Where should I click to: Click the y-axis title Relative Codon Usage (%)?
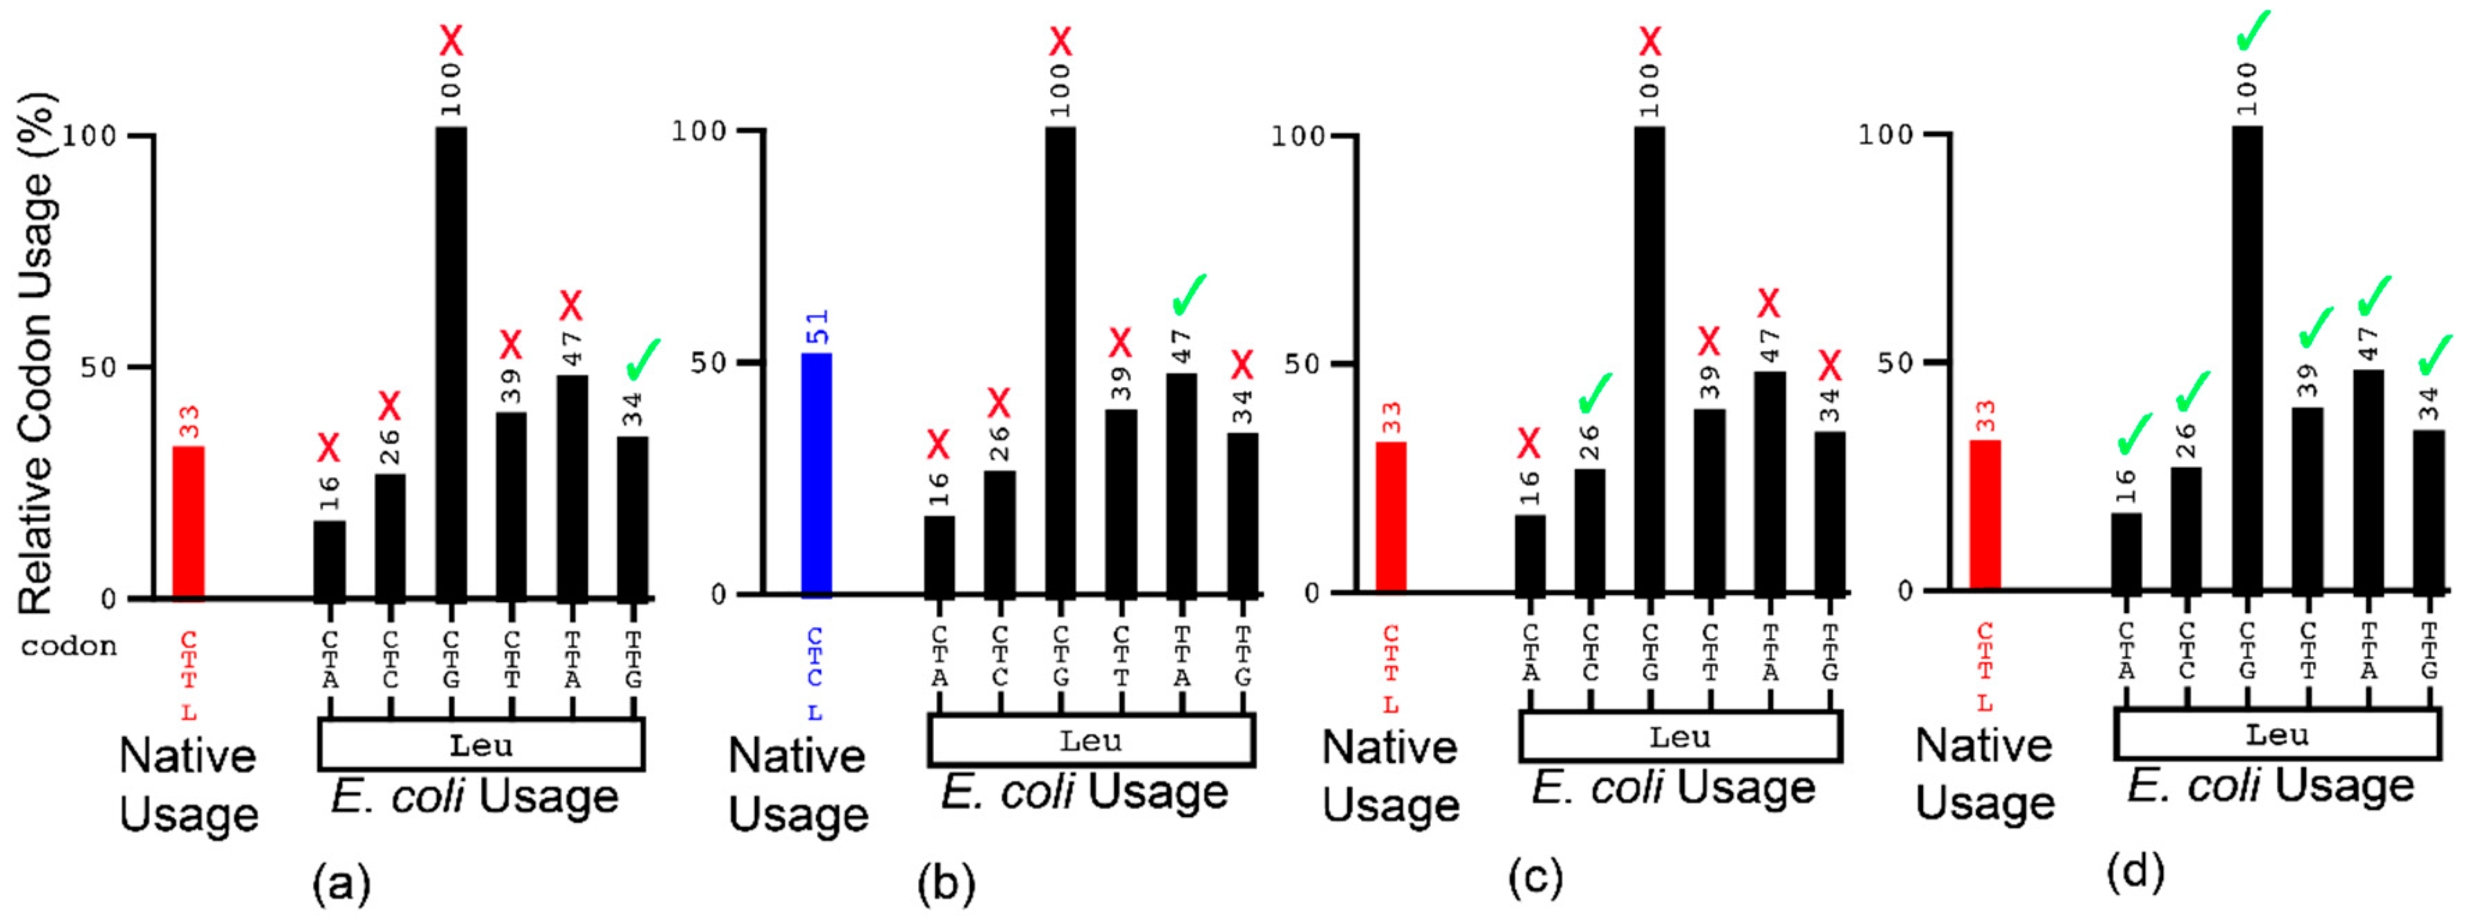[36, 354]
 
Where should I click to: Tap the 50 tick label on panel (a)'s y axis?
[99, 368]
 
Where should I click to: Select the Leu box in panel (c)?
[1679, 737]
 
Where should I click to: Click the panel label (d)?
[2135, 872]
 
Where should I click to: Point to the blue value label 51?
[818, 327]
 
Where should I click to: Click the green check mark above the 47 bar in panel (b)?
[1189, 293]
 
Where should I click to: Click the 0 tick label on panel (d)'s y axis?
[1904, 590]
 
